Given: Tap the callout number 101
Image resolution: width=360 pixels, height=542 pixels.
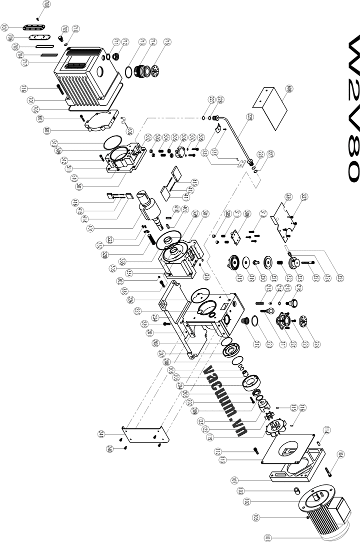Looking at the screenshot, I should point(268,537).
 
